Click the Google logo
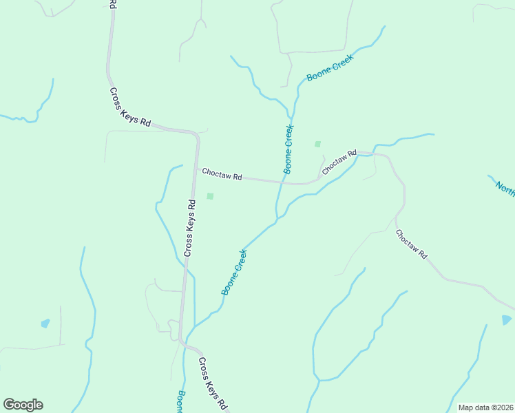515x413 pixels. (x=23, y=405)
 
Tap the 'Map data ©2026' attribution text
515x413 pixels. (x=485, y=407)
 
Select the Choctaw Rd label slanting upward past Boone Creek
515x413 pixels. (x=339, y=162)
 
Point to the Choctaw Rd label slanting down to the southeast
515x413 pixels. (x=412, y=244)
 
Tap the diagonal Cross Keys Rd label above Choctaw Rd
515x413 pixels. (x=130, y=107)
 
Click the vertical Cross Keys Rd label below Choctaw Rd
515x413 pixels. (x=190, y=228)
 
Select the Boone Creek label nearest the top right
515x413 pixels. (x=330, y=69)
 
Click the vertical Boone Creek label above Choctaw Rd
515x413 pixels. (x=288, y=148)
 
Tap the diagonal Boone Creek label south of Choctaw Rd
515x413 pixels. (x=234, y=273)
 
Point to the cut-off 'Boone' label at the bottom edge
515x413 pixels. (x=180, y=403)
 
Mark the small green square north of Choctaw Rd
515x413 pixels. (x=317, y=144)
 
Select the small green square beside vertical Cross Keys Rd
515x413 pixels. (x=210, y=196)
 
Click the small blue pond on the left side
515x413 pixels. (x=45, y=323)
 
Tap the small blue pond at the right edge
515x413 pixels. (x=507, y=320)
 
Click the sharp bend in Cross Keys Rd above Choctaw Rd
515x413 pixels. (x=196, y=134)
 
